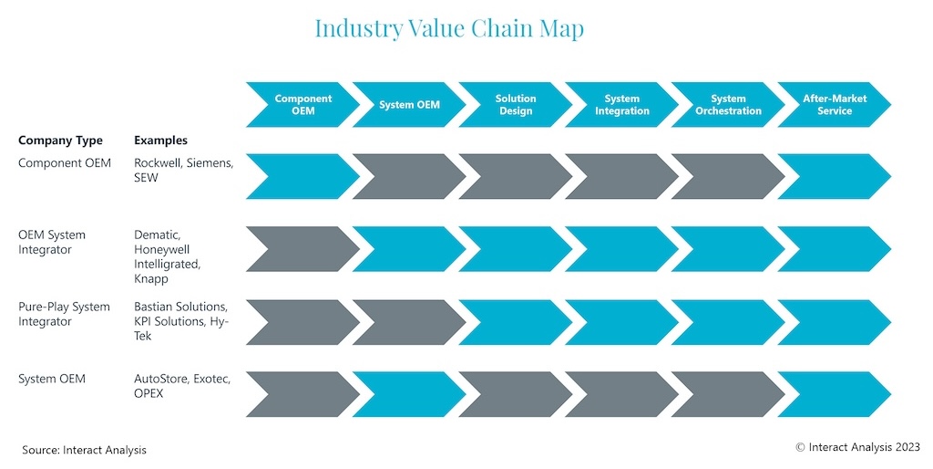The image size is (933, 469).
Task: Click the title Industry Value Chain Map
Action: click(449, 28)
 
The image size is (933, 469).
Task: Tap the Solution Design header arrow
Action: click(516, 105)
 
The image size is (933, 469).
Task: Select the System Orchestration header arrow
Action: click(728, 105)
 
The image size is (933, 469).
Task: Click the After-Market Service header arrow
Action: click(835, 105)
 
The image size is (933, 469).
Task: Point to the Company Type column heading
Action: click(60, 141)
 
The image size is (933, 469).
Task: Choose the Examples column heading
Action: click(160, 141)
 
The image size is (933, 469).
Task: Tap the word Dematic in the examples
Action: click(157, 234)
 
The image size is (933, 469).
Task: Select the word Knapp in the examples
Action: click(151, 279)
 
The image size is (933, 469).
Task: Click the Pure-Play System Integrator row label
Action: click(64, 314)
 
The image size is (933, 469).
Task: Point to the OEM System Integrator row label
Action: click(52, 242)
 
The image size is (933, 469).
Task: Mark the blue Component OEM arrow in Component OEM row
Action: click(302, 176)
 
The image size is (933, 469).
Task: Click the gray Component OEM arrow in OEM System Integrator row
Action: click(302, 249)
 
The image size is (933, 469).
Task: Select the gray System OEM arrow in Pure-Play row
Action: click(409, 322)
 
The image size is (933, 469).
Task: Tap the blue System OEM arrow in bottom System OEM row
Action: click(409, 394)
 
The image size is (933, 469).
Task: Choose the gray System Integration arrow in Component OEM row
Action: click(621, 176)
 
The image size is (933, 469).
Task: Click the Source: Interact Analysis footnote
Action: click(84, 450)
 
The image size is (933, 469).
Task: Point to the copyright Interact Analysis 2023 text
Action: click(858, 447)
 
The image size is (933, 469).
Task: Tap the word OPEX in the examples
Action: click(149, 393)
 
